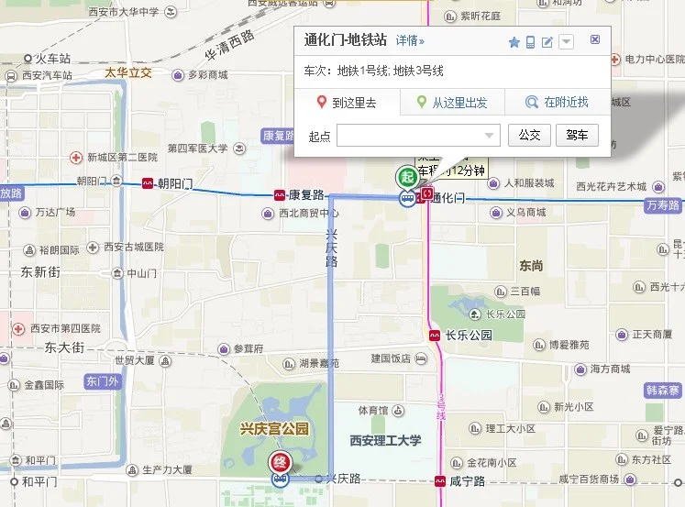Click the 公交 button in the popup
529,136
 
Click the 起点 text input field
417,136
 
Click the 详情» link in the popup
410,41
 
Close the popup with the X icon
595,39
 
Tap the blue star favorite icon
514,42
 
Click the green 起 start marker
406,176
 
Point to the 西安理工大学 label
385,441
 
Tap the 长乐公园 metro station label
468,336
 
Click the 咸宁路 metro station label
467,480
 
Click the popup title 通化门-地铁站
346,40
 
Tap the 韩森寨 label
663,391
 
